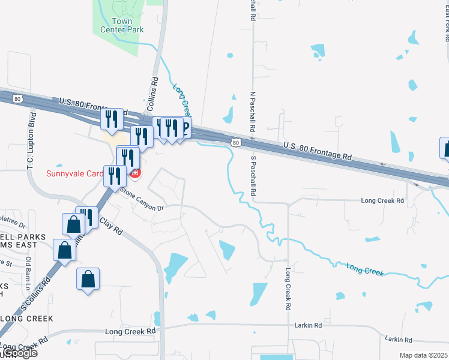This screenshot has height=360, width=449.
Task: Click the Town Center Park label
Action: [121, 25]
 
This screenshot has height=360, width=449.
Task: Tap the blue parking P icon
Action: [184, 127]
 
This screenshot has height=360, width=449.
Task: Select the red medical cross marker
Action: [136, 174]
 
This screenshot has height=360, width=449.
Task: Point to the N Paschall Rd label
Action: [253, 112]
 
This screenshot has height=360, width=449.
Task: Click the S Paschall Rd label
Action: [253, 176]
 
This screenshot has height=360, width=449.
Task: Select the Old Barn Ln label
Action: [28, 270]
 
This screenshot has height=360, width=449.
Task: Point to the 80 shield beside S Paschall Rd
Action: [236, 142]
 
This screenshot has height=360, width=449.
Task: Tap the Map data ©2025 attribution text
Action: [424, 355]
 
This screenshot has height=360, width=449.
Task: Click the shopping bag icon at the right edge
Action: [446, 148]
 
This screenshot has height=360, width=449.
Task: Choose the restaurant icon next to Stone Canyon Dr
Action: [114, 176]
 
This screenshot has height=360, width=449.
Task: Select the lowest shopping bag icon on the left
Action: [88, 279]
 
